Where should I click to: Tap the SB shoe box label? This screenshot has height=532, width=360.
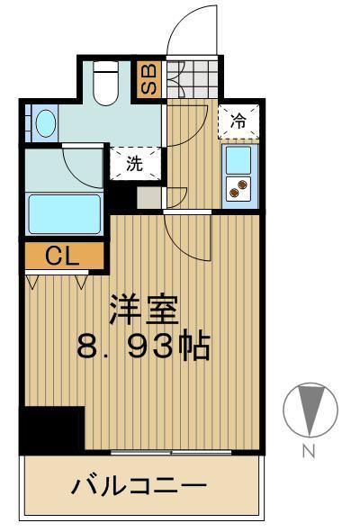[148, 79]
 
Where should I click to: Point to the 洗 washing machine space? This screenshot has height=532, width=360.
[134, 165]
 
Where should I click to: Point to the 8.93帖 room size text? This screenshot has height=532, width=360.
[144, 346]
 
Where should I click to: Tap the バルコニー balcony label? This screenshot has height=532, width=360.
[139, 486]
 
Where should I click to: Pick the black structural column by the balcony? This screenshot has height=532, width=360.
[52, 429]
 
